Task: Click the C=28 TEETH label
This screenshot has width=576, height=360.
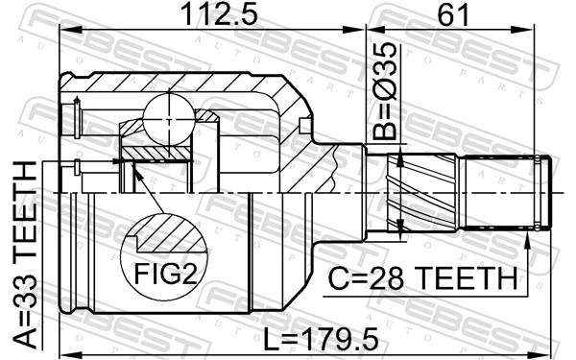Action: pyautogui.click(x=424, y=278)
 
